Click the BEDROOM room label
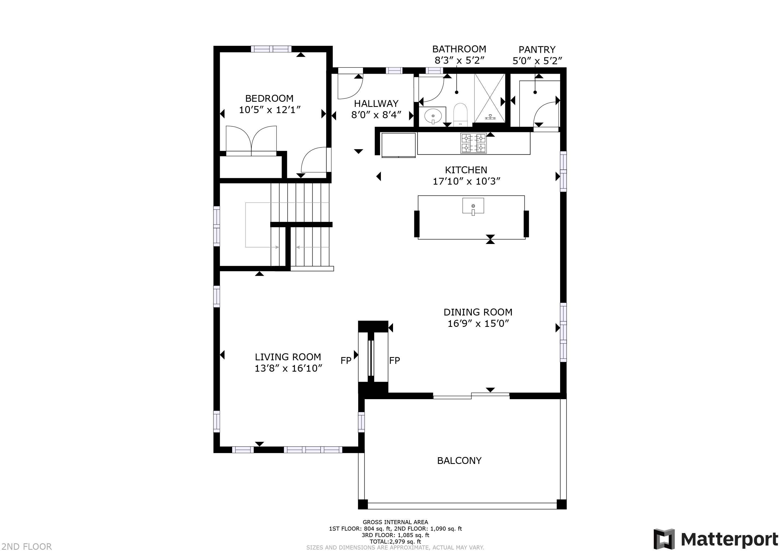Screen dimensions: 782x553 pos(269,99)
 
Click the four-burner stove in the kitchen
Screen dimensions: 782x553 pos(473,143)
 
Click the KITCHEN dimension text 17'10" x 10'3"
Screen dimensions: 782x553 pos(466,181)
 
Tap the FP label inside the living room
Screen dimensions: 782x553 pos(346,361)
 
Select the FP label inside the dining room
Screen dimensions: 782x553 pos(394,360)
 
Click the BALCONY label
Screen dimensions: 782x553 pos(459,461)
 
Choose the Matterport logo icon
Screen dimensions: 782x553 pos(664,539)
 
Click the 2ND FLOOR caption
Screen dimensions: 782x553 pos(26,547)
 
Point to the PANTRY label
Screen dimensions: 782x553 pos(537,50)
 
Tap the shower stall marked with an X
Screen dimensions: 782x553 pos(489,97)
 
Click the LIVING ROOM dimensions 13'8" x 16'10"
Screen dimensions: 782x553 pos(288,368)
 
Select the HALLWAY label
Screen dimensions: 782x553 pos(376,104)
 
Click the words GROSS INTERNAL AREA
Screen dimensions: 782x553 pos(395,522)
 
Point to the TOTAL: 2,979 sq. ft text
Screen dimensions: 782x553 pos(395,541)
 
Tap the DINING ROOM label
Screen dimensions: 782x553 pos(478,312)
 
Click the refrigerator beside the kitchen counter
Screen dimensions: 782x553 pos(398,145)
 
